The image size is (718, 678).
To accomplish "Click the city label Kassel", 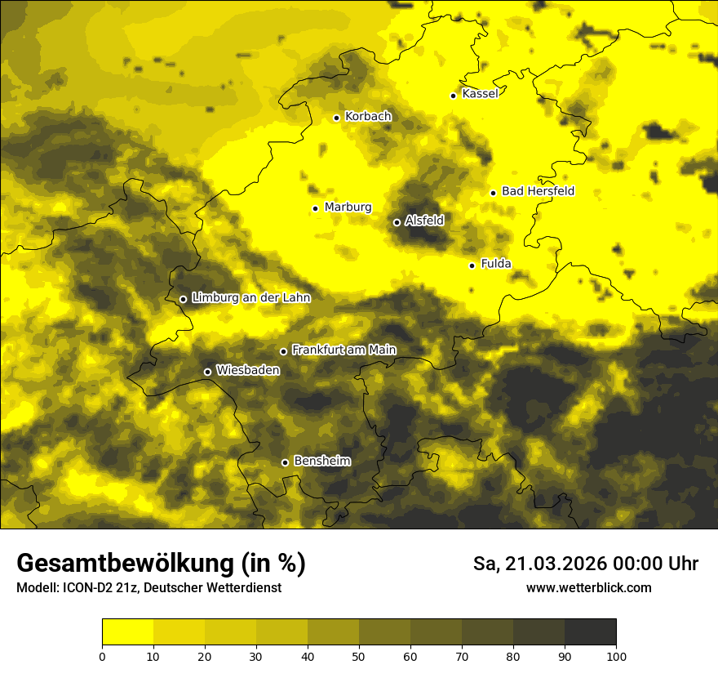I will (480, 94).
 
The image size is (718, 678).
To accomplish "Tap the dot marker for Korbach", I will (336, 118).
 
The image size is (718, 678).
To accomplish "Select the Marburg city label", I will (348, 207).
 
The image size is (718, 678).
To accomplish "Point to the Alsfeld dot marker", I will (397, 222).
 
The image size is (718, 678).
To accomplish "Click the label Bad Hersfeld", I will (538, 191).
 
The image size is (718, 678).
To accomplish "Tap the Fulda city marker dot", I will (472, 265).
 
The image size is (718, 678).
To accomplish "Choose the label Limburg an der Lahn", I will (250, 297).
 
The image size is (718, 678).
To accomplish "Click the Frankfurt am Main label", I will (343, 350).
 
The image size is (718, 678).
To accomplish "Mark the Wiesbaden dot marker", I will (207, 372).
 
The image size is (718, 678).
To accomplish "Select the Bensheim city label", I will (321, 461).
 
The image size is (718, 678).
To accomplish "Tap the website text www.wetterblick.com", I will (588, 587).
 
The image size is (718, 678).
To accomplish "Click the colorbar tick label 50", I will (359, 656).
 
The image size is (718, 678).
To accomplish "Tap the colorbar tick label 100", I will (616, 656).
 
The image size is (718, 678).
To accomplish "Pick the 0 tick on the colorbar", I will (102, 656).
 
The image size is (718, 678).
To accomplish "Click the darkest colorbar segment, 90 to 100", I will (590, 632).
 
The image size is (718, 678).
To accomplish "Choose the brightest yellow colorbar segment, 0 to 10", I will (127, 632).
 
